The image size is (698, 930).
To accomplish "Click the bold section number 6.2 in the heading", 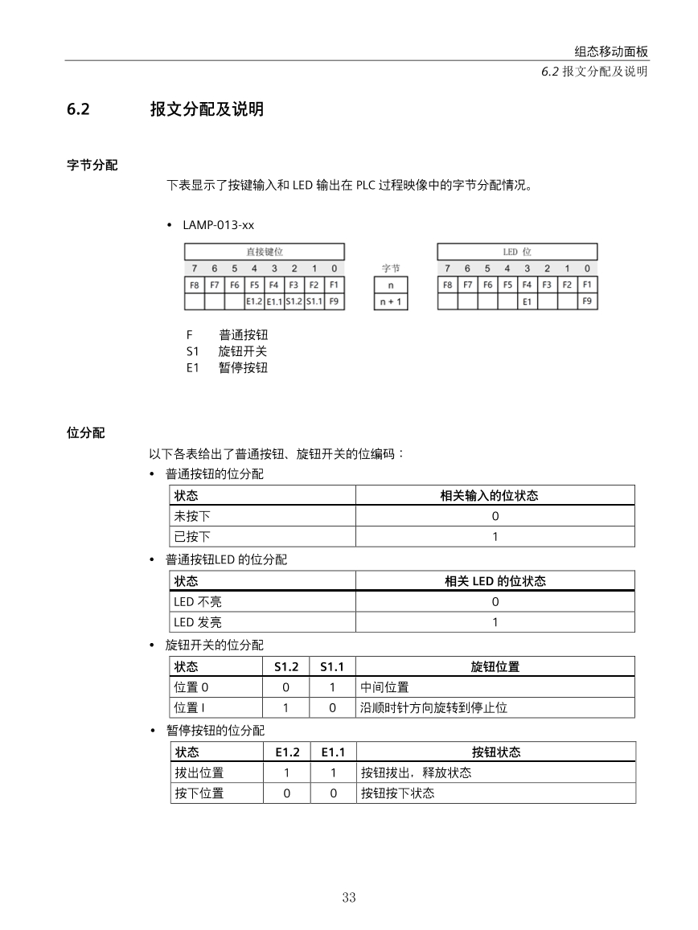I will tap(77, 109).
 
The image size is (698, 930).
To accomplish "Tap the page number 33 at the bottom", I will tap(348, 898).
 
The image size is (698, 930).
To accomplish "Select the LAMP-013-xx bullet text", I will tap(218, 225).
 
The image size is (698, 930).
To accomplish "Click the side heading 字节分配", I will tap(92, 165).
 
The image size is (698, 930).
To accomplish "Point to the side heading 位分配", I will tap(85, 432).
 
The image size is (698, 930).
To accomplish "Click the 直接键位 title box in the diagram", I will tap(264, 252).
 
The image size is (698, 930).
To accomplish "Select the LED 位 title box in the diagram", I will tap(517, 252).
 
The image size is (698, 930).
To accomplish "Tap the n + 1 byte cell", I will tap(391, 302).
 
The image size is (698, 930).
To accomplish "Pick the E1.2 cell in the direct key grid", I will tap(254, 302).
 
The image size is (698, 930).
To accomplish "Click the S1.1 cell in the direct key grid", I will tap(314, 302).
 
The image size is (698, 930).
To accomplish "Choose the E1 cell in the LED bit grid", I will tap(528, 302).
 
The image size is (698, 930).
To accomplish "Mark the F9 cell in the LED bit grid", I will tap(588, 302).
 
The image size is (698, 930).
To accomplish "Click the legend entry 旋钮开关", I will tap(243, 351).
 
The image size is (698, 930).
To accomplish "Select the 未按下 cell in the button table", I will tap(192, 516).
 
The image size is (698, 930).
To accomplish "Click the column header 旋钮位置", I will tap(495, 666).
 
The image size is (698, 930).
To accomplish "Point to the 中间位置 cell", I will tap(384, 687).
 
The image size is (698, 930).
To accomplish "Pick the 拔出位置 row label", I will tap(199, 772).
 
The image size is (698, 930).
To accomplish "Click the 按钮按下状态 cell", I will tap(397, 793).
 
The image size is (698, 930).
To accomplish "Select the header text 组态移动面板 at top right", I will tap(611, 51).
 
